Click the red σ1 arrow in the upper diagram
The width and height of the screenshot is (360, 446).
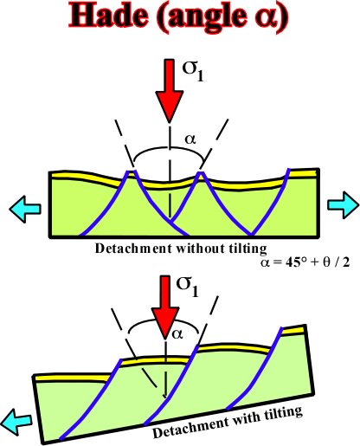point(170,89)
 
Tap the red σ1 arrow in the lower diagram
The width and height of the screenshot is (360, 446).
point(165,307)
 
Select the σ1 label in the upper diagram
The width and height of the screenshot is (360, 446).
point(193,71)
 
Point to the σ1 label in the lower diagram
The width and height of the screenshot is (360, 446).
point(188,287)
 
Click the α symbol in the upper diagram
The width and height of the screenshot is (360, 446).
point(190,139)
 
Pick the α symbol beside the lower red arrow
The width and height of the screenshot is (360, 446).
point(177,334)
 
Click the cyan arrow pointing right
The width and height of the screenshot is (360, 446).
point(344,205)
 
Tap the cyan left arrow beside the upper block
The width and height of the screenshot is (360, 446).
point(25,209)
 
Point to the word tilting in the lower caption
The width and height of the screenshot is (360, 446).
point(282,413)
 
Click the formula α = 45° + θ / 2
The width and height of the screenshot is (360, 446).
point(305,263)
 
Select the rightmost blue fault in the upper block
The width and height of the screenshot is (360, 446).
point(270,202)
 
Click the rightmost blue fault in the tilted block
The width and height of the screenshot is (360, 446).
point(254,369)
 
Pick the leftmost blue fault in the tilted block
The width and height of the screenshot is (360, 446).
point(90,400)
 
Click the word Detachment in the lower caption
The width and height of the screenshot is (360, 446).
point(190,427)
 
